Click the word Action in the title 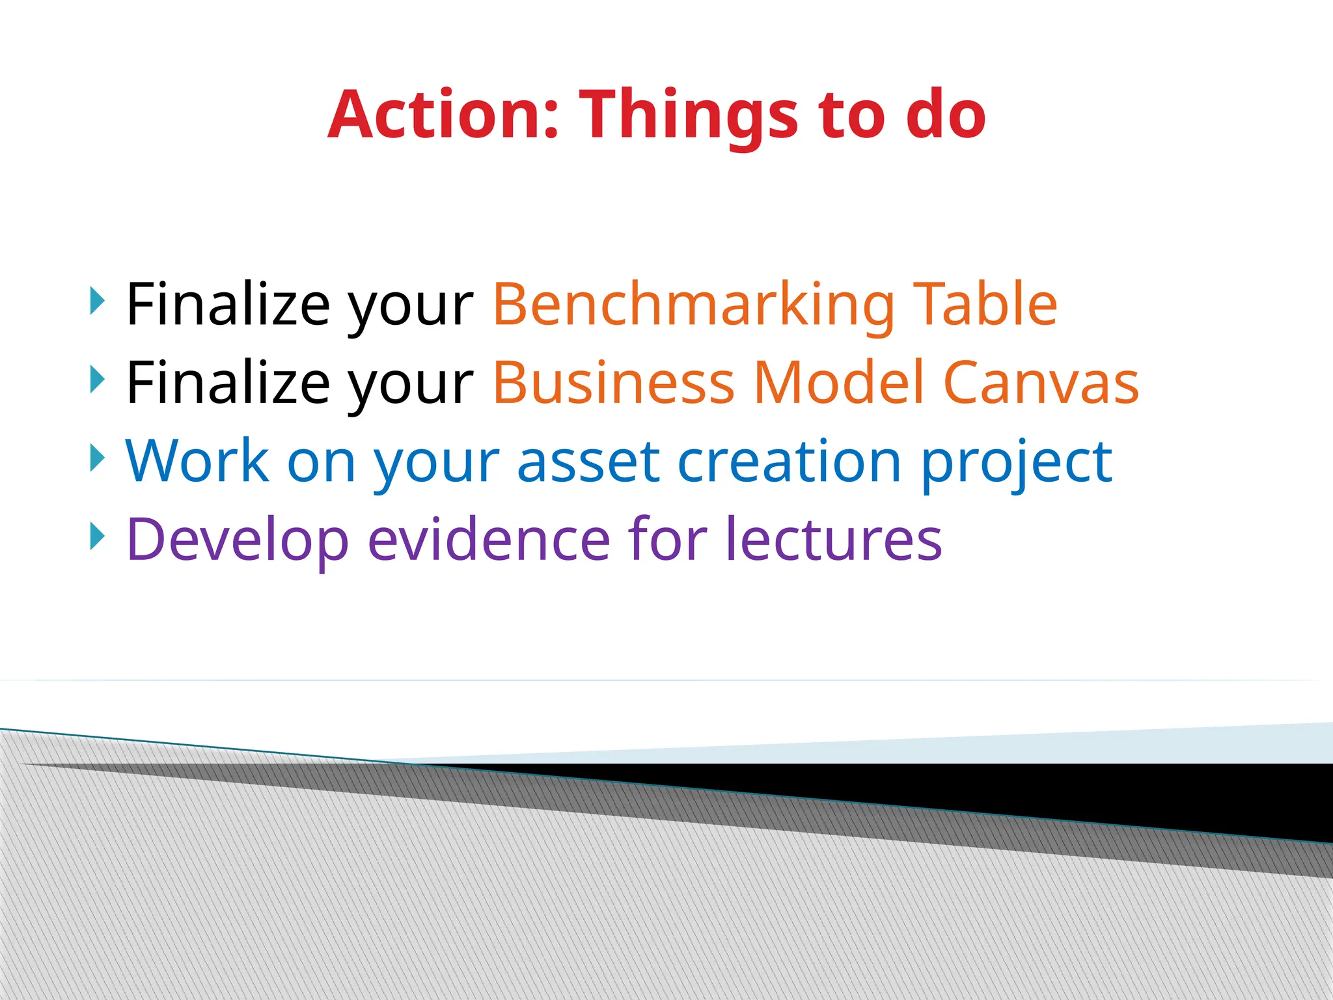[x=443, y=115]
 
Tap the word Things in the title [x=689, y=115]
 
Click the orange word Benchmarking [x=694, y=305]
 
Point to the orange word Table [x=985, y=305]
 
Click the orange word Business [x=614, y=383]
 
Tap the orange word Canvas [x=1041, y=383]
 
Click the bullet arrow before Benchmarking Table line [x=97, y=301]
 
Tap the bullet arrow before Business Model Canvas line [x=97, y=379]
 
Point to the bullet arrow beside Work [x=97, y=458]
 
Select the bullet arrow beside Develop [x=97, y=536]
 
